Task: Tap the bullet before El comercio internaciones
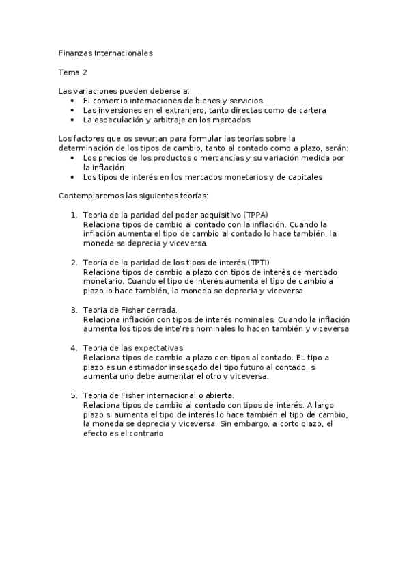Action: pos(74,100)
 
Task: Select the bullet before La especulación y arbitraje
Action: pos(74,119)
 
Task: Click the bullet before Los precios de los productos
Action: pos(74,157)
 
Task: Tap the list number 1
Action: pos(74,215)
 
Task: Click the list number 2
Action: pos(74,262)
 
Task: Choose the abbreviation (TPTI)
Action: pos(259,262)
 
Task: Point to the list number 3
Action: pos(74,310)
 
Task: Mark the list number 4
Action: pos(74,348)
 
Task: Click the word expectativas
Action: pos(164,348)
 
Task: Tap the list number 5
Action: pos(74,395)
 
